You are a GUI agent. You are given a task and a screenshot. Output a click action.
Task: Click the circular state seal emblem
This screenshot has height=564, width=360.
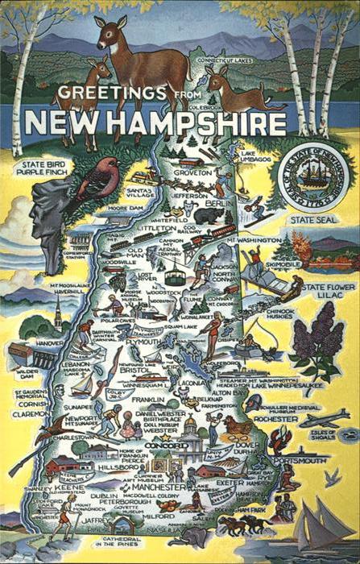point(312,180)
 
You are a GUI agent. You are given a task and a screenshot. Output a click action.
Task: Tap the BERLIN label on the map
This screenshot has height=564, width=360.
point(213,205)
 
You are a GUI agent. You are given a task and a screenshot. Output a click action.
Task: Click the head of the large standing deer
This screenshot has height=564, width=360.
point(108,31)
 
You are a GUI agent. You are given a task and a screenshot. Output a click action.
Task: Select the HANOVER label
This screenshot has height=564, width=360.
point(50,342)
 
